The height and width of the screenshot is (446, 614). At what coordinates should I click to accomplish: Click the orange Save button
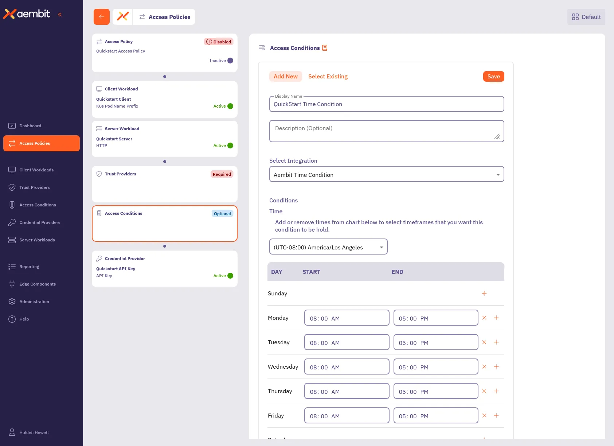(x=493, y=77)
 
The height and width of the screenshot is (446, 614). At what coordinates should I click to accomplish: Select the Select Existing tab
(x=328, y=77)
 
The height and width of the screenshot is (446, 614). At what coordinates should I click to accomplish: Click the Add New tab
(x=285, y=77)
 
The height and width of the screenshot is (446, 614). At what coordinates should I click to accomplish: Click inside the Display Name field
(x=386, y=104)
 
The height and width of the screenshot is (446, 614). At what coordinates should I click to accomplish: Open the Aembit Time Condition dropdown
(x=386, y=174)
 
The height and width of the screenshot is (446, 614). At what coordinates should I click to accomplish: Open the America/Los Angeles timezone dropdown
(x=328, y=247)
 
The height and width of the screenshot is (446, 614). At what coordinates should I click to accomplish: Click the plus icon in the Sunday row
(x=484, y=294)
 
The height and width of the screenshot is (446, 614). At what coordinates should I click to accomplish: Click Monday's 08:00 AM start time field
(x=346, y=318)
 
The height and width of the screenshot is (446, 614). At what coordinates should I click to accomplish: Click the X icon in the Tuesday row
(x=484, y=342)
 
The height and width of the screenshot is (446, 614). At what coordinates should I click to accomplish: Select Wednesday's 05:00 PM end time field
(x=435, y=367)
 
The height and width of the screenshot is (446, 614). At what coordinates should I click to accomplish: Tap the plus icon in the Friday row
(x=496, y=416)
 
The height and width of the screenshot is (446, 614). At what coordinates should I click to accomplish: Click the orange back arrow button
(x=101, y=17)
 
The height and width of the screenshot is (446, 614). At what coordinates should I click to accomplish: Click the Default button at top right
(x=586, y=17)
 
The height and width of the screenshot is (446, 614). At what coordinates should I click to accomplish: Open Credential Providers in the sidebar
(x=40, y=222)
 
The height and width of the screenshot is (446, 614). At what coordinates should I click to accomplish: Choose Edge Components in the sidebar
(x=38, y=284)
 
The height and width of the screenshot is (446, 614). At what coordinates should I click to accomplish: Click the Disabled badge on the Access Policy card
(x=219, y=42)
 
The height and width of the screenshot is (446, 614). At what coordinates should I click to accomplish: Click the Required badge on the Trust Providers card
(x=222, y=174)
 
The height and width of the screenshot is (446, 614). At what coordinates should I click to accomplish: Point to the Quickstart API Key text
(x=116, y=269)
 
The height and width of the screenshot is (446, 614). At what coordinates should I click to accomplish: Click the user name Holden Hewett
(x=34, y=433)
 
